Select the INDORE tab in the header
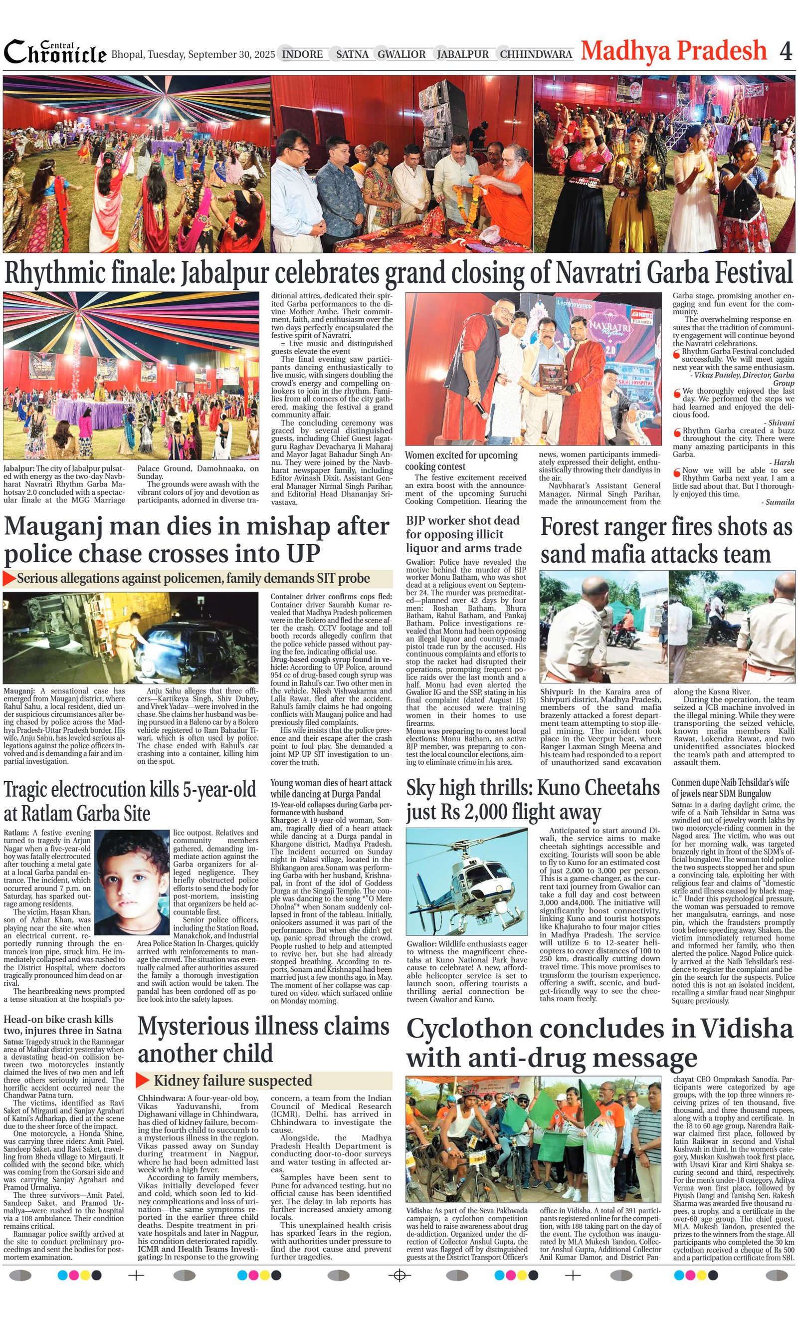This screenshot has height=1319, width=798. [x=302, y=54]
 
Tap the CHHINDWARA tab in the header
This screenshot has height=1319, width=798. [x=536, y=54]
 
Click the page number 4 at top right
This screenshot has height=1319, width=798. [x=785, y=51]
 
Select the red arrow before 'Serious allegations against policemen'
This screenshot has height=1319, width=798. [x=9, y=579]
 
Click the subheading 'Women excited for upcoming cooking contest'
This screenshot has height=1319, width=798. [x=461, y=460]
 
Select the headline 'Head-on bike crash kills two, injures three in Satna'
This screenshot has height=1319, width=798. [x=63, y=1025]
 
